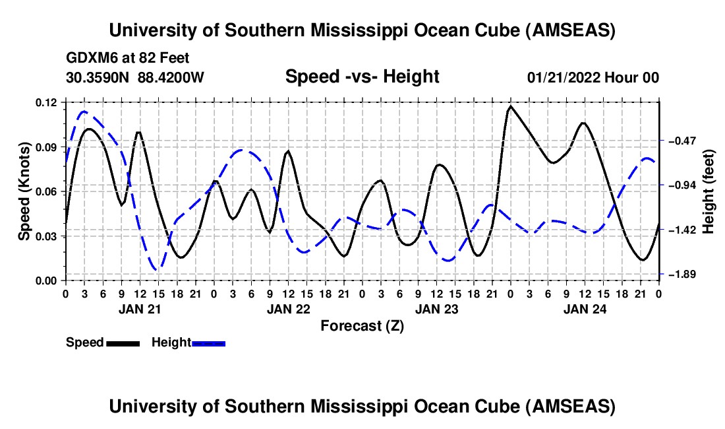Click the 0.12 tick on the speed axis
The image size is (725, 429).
click(x=47, y=102)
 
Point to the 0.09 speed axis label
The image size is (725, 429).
click(x=47, y=147)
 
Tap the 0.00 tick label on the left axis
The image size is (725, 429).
click(x=47, y=280)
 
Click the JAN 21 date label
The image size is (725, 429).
click(x=140, y=308)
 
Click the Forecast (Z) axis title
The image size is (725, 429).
click(x=362, y=325)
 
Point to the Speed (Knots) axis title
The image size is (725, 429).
click(x=24, y=191)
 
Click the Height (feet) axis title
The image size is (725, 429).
click(x=709, y=191)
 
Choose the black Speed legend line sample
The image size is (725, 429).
click(x=123, y=343)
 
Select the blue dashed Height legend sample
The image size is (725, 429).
click(x=208, y=343)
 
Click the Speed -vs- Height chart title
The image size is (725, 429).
click(x=362, y=77)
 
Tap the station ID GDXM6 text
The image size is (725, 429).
click(x=89, y=58)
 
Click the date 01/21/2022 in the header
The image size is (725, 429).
click(x=564, y=77)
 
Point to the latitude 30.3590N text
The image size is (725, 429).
click(x=99, y=77)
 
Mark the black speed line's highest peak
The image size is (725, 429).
click(x=511, y=106)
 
